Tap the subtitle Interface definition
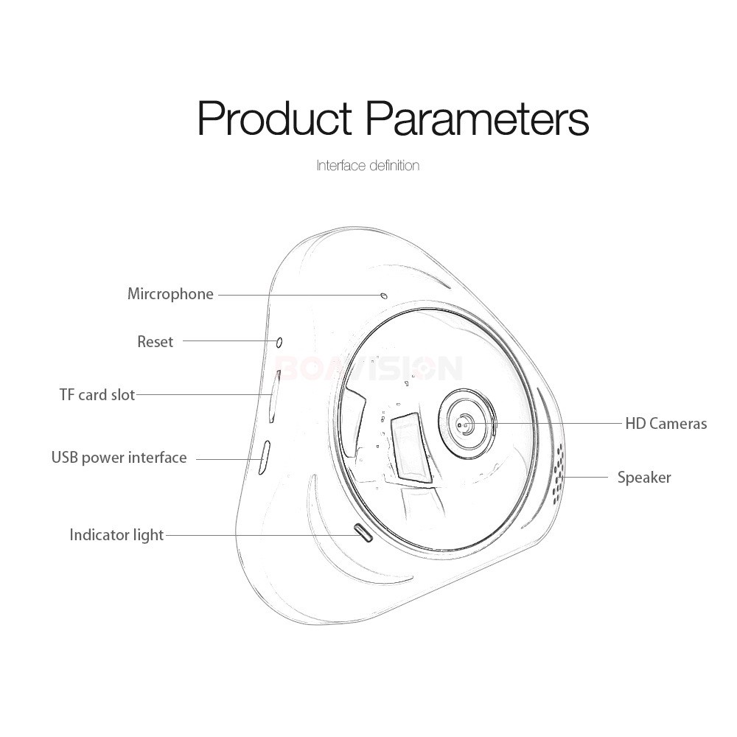[368, 165]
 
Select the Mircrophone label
[171, 294]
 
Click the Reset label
[155, 342]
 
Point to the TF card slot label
[97, 395]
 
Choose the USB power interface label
[119, 458]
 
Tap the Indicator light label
[116, 535]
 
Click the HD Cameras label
[666, 424]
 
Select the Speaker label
[644, 478]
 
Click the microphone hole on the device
[384, 296]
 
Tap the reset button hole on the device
[279, 342]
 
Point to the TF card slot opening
[274, 397]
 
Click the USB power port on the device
[264, 458]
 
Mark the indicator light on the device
[364, 533]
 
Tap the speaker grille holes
[559, 472]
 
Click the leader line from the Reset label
[229, 341]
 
